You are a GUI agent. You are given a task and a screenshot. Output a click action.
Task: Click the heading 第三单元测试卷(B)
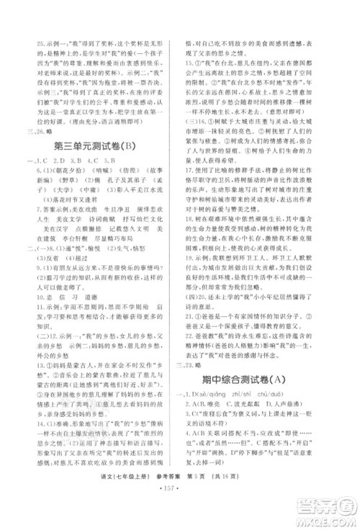click(x=91, y=146)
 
